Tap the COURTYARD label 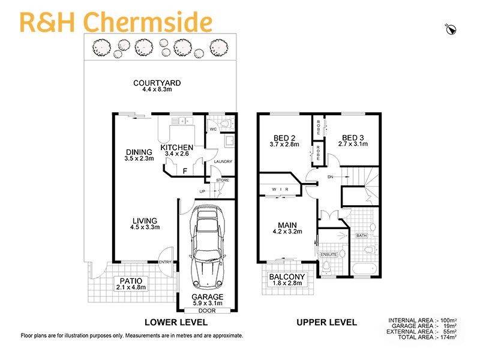[157, 83]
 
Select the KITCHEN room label [176, 148]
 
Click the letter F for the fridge [185, 170]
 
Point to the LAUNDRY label [223, 162]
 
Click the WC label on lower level [213, 129]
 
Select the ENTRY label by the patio [164, 262]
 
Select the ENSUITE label [329, 254]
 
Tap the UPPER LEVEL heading [326, 323]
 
